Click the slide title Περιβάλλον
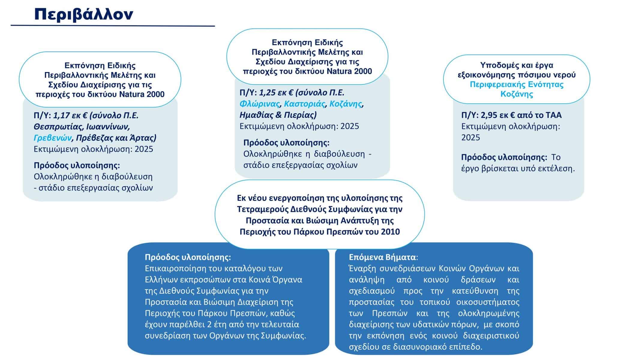[84, 14]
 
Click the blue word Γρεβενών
[53, 138]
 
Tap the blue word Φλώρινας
[259, 104]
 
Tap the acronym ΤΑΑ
[554, 115]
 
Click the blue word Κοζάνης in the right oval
[517, 94]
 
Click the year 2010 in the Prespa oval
[390, 232]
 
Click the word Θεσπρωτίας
[57, 127]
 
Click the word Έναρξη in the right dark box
[362, 268]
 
